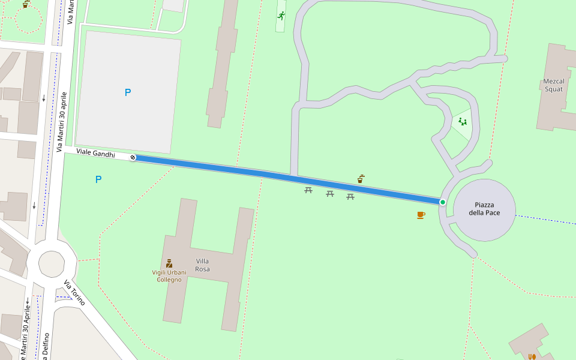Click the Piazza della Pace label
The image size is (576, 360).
click(484, 208)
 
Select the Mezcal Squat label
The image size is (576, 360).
click(553, 85)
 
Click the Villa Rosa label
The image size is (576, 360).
click(202, 265)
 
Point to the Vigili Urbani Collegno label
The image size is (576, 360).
click(169, 276)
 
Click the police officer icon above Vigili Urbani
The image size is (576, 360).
click(169, 263)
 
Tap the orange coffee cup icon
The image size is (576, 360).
click(421, 215)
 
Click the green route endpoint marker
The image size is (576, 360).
click(443, 202)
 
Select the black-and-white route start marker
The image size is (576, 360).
click(133, 158)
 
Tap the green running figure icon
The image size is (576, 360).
click(281, 16)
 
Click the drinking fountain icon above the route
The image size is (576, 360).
click(361, 179)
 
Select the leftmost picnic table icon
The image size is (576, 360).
click(308, 190)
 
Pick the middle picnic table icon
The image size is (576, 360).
click(329, 193)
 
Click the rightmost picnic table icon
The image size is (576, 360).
click(350, 196)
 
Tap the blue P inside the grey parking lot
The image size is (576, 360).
click(127, 92)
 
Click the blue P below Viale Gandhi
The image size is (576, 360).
click(98, 179)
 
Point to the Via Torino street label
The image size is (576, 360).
click(75, 293)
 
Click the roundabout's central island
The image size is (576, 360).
click(51, 263)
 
